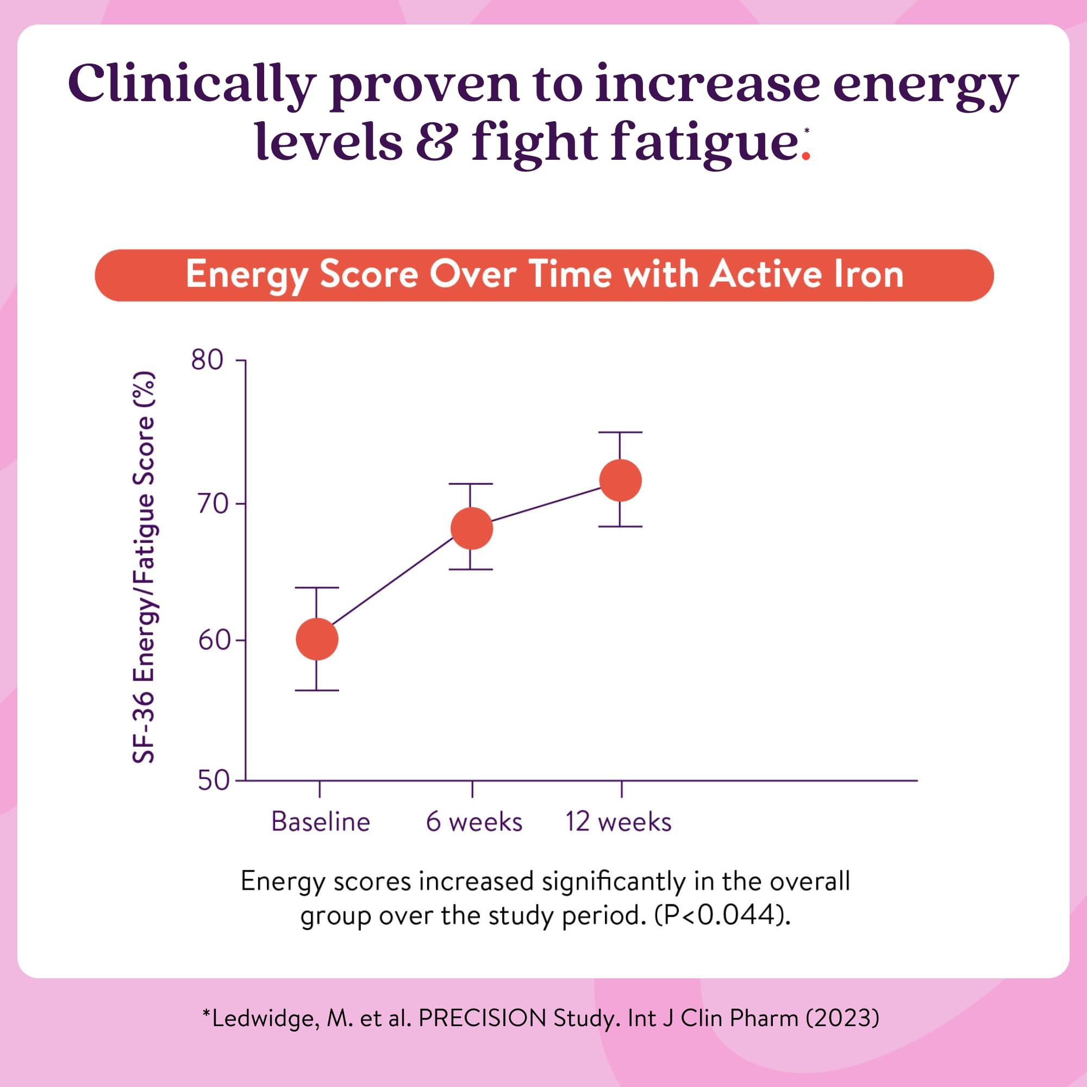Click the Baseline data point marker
coord(317,639)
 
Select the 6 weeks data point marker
coord(471,528)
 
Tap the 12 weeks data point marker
coord(621,480)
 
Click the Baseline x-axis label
coord(321,822)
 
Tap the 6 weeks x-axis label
coord(474,822)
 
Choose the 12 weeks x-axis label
coord(619,822)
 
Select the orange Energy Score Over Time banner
coord(543,275)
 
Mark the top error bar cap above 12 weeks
coord(620,432)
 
